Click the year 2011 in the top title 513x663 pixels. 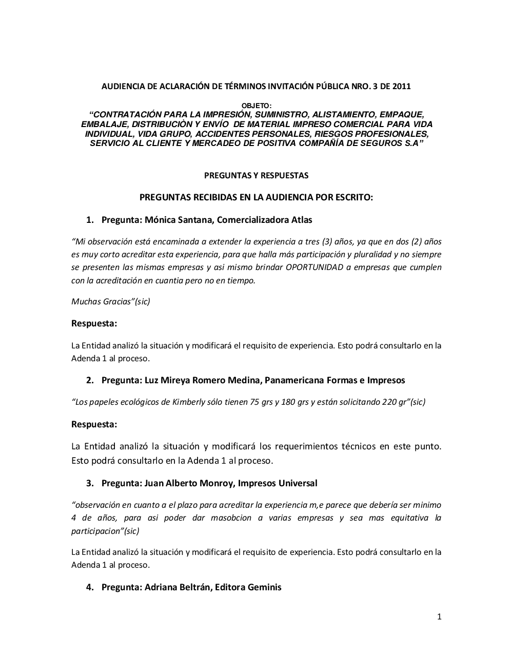[401, 86]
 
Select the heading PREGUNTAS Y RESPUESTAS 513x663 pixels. [256, 175]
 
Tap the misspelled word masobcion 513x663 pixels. [231, 517]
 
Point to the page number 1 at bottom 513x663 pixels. [439, 617]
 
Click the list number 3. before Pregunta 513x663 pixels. [90, 483]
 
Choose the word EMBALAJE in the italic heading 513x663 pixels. [100, 125]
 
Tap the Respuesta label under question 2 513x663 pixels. [94, 424]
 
